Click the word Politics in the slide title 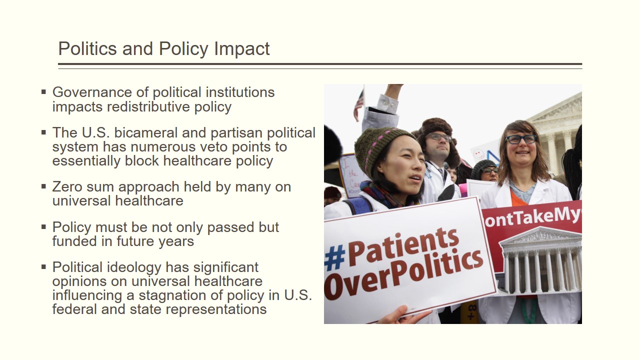pyautogui.click(x=87, y=48)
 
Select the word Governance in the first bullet pyautogui.click(x=91, y=92)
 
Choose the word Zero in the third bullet pyautogui.click(x=67, y=187)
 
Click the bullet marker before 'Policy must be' pyautogui.click(x=43, y=227)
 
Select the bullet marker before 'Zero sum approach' pyautogui.click(x=43, y=187)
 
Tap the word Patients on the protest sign pyautogui.click(x=403, y=245)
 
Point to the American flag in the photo pyautogui.click(x=359, y=105)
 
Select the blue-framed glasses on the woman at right pyautogui.click(x=521, y=139)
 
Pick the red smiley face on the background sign pyautogui.click(x=478, y=155)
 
